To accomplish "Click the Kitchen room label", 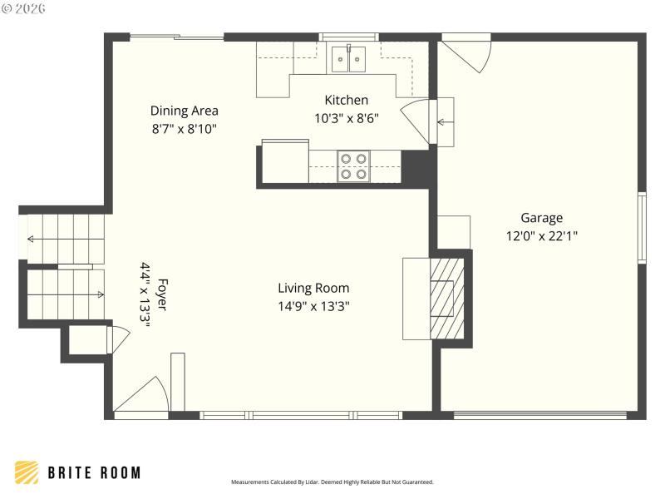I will (x=346, y=100).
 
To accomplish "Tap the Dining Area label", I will (x=184, y=111).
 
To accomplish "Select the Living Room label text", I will (x=313, y=289).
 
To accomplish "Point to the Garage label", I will (x=541, y=218).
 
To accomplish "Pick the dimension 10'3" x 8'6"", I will (x=346, y=118).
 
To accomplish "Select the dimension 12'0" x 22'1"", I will (x=541, y=235).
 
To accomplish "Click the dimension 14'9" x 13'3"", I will (x=313, y=306).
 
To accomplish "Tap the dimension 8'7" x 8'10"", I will (x=184, y=128).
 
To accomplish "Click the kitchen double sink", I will (x=349, y=60).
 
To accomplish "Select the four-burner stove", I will (x=354, y=166).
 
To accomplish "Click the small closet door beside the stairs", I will (x=118, y=339).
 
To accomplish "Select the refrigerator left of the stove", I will (x=284, y=162).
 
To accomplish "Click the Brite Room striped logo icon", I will (x=27, y=472).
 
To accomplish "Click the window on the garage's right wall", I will (x=641, y=228).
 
